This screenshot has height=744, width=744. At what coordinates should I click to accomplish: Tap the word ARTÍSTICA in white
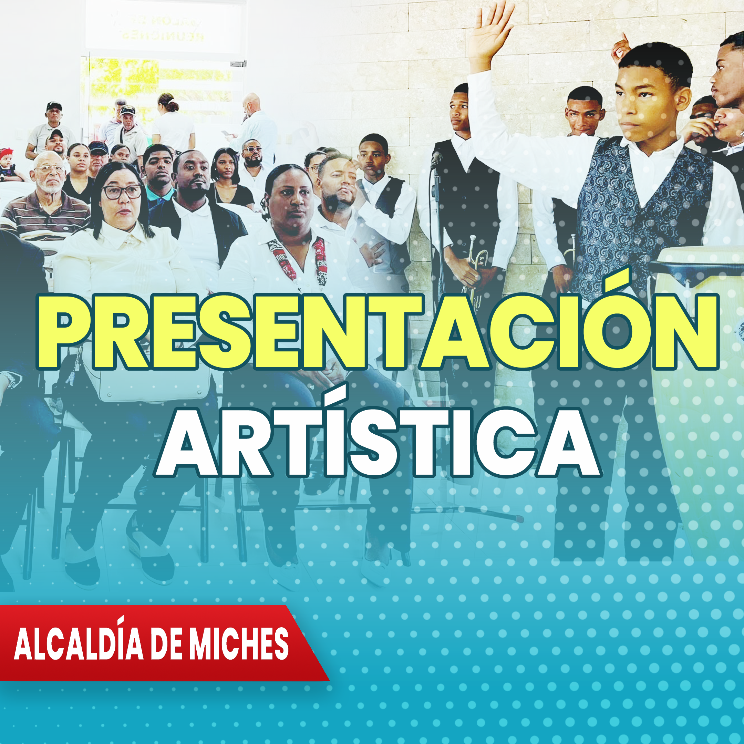click(378, 443)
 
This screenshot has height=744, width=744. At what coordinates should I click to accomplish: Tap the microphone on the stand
click(436, 158)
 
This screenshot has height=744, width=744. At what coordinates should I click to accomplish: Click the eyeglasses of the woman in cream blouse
click(122, 192)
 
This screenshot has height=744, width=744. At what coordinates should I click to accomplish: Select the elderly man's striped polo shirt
click(44, 218)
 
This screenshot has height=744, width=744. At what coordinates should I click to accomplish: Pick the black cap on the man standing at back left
click(54, 105)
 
